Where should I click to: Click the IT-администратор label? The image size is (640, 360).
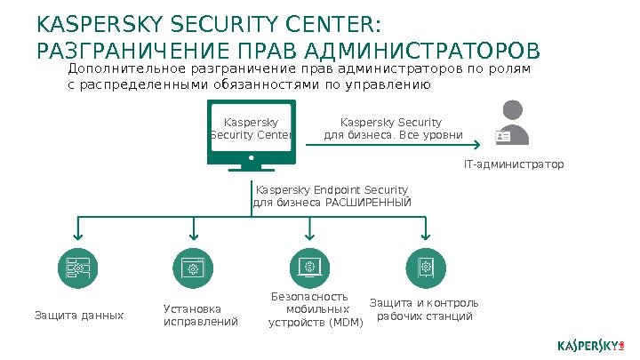(514, 165)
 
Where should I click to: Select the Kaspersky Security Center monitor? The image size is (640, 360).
(252, 133)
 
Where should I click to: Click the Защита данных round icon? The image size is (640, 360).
(78, 268)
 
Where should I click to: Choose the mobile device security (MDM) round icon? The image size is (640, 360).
(309, 268)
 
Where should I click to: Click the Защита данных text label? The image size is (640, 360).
(79, 315)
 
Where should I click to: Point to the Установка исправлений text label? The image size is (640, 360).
(201, 315)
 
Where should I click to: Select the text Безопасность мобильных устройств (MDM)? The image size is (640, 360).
(316, 309)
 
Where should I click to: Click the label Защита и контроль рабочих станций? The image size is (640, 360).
(424, 309)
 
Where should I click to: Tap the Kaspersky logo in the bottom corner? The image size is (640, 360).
(591, 343)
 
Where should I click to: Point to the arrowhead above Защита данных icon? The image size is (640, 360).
(78, 236)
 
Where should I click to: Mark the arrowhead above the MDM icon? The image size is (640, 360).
(309, 236)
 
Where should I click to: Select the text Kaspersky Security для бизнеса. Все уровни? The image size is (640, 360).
(392, 129)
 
